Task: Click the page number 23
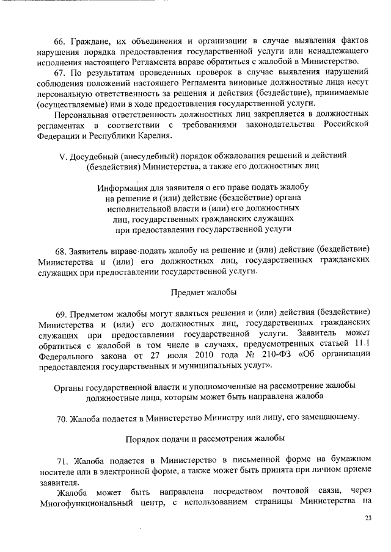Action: tap(368, 518)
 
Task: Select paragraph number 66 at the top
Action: tap(59, 41)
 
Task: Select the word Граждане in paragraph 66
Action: tap(89, 41)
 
